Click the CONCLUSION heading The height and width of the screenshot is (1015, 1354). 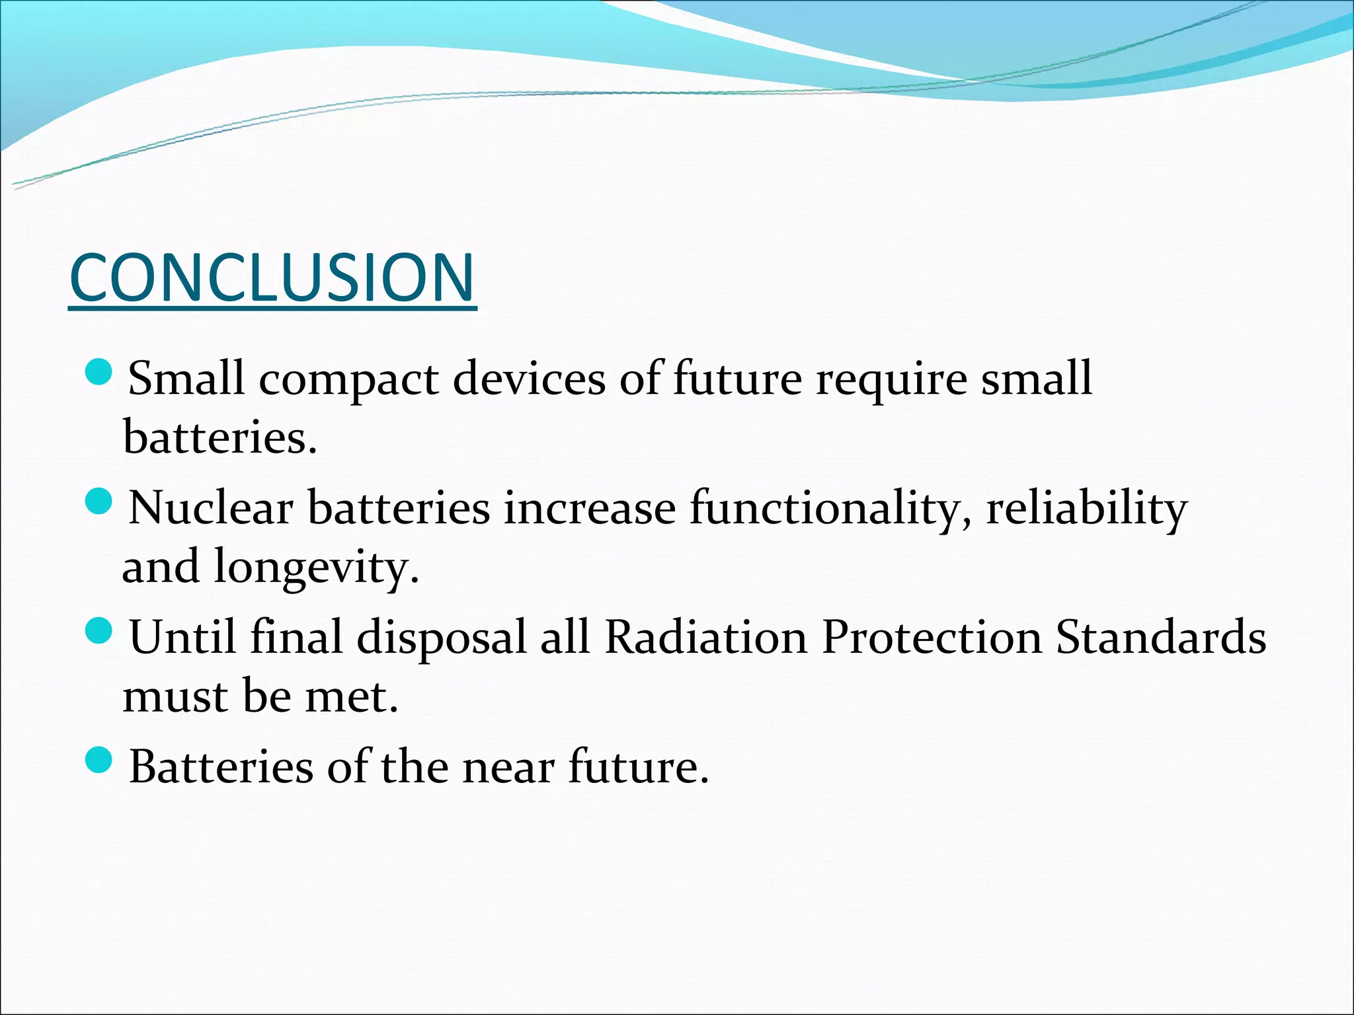pyautogui.click(x=272, y=278)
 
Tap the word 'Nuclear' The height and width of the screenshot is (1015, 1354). pyautogui.click(x=211, y=508)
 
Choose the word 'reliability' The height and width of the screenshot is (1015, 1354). pyautogui.click(x=1087, y=509)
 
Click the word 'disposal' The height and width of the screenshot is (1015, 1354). pyautogui.click(x=442, y=638)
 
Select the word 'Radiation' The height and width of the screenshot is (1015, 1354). pyautogui.click(x=706, y=637)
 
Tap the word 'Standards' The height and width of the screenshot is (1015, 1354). pyautogui.click(x=1161, y=637)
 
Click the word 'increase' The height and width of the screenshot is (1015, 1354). pyautogui.click(x=590, y=508)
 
